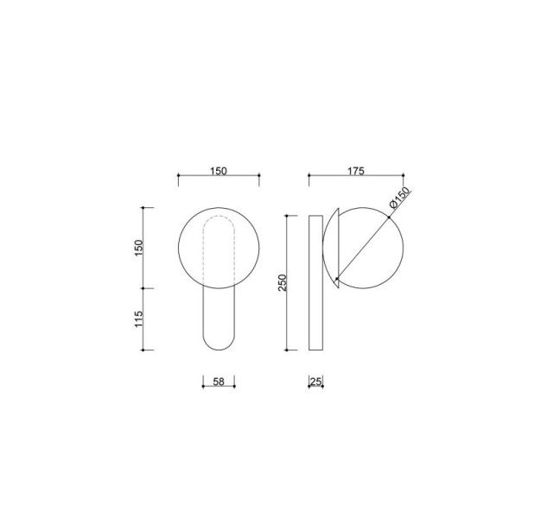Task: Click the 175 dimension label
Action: pos(356,171)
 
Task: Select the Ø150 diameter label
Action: pos(400,198)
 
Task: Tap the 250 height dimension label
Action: pos(282,283)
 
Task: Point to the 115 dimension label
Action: pos(139,319)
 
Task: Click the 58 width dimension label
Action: pos(219,382)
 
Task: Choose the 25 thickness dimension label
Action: pos(315,382)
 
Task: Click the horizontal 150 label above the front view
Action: pos(219,171)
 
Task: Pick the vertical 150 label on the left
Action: pos(139,248)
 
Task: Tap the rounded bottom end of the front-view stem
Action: pos(219,350)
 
